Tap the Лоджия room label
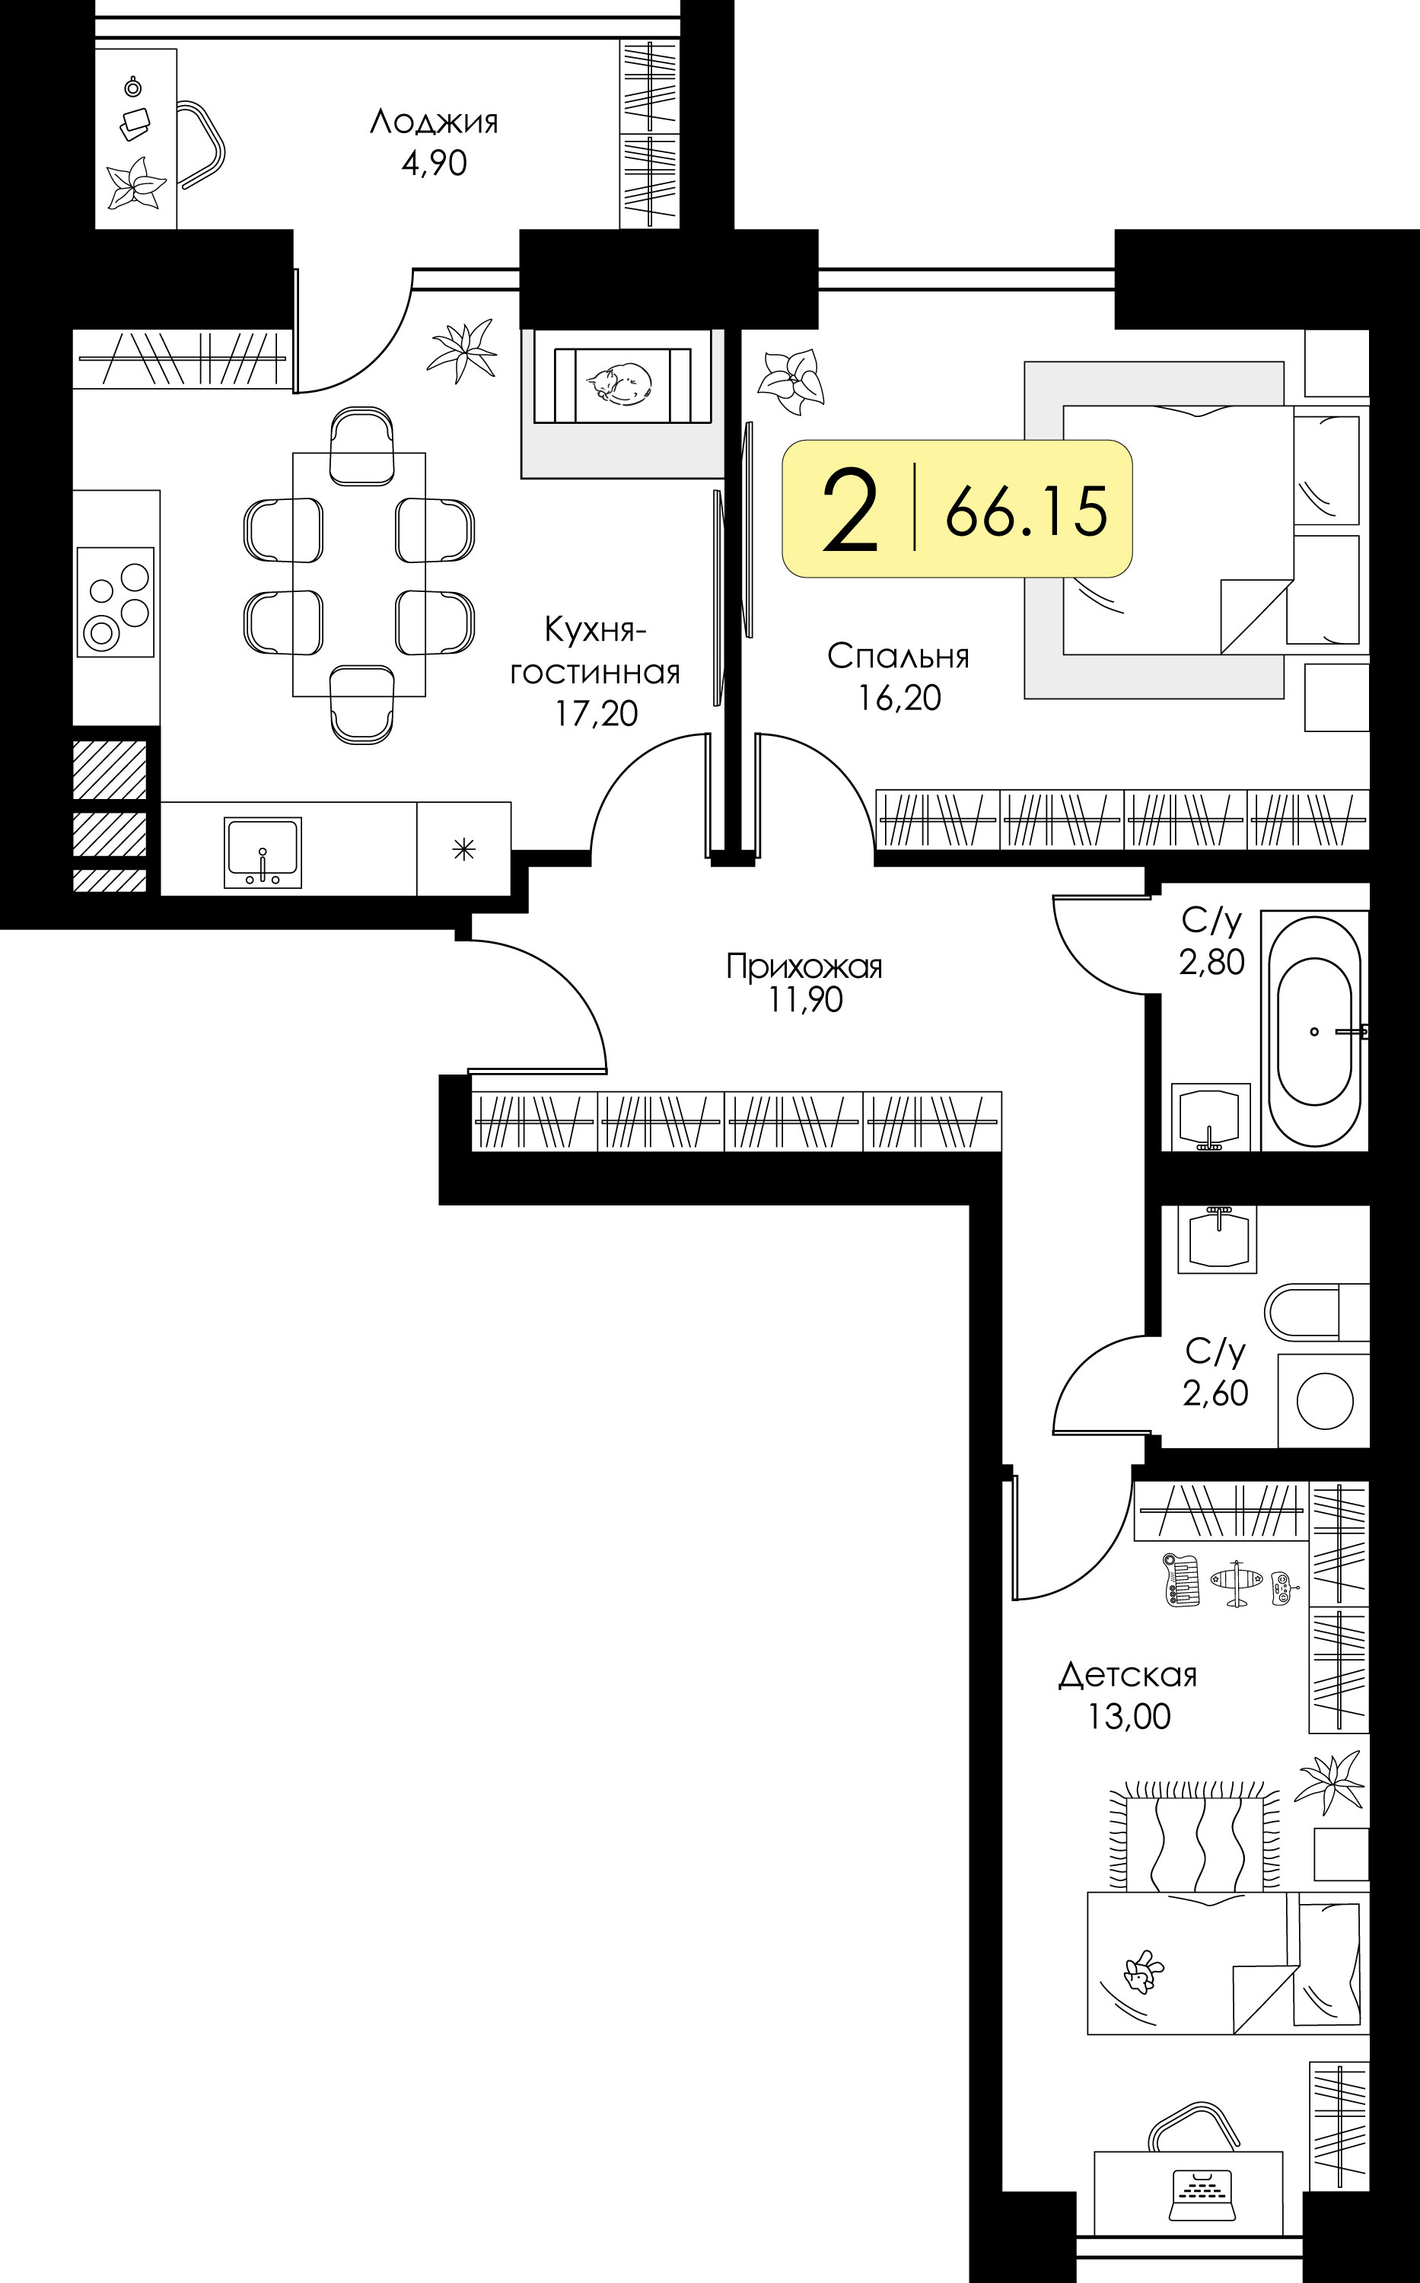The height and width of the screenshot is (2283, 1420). pyautogui.click(x=434, y=122)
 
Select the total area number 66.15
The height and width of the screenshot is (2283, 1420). pyautogui.click(x=1027, y=512)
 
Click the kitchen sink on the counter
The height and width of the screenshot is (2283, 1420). pyautogui.click(x=263, y=852)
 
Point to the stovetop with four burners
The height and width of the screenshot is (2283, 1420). pyautogui.click(x=115, y=602)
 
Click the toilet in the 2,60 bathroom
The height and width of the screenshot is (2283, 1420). pyautogui.click(x=1316, y=1311)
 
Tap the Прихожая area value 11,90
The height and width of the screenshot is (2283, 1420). pyautogui.click(x=806, y=1000)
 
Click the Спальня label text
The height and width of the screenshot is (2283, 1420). pyautogui.click(x=899, y=657)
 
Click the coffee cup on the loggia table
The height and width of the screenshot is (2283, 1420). pyautogui.click(x=133, y=88)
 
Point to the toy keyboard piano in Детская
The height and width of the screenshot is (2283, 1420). pyautogui.click(x=1182, y=1580)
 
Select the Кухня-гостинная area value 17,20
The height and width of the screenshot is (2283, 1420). pyautogui.click(x=597, y=714)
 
